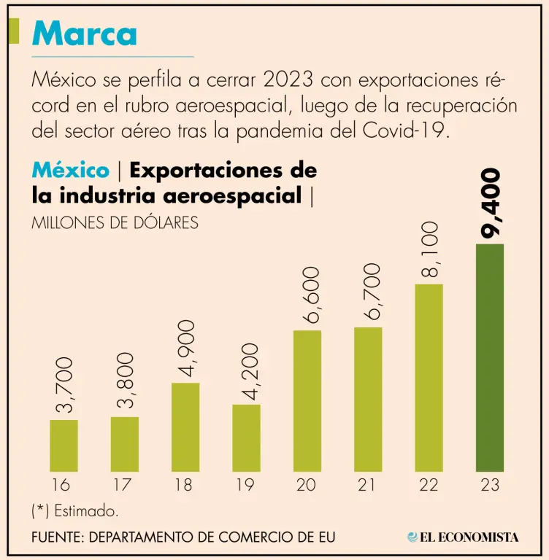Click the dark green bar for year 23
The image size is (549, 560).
click(x=489, y=357)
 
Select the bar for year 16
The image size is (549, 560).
click(x=64, y=445)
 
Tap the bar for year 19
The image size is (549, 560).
click(x=246, y=437)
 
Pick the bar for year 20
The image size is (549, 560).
click(x=307, y=400)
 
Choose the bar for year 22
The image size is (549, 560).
click(x=429, y=377)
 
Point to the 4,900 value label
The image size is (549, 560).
click(x=186, y=347)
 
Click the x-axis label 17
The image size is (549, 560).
click(x=124, y=485)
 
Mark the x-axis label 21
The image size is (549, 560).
click(x=368, y=485)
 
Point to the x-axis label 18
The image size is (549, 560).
click(x=185, y=485)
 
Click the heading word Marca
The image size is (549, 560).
click(x=85, y=33)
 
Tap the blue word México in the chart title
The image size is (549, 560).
click(x=71, y=171)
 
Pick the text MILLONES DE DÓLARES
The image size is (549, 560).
click(x=115, y=222)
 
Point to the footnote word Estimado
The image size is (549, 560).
click(x=86, y=510)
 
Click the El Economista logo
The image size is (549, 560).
click(x=464, y=537)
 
